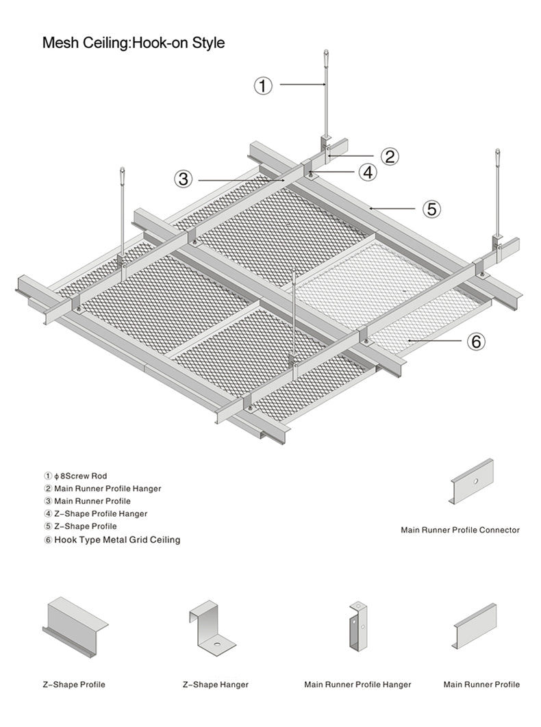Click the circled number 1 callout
click(264, 86)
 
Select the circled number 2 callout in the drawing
click(390, 156)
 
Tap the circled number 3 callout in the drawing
click(183, 179)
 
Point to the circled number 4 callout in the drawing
click(368, 173)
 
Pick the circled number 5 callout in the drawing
click(431, 209)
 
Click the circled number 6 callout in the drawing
click(477, 341)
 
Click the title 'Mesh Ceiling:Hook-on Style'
click(133, 42)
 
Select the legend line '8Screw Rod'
click(76, 476)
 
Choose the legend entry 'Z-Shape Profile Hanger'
click(96, 513)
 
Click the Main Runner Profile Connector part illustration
click(471, 481)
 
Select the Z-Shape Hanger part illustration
click(212, 628)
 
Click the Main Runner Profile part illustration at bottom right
click(475, 625)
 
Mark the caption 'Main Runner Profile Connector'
click(460, 530)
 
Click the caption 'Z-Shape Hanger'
click(216, 685)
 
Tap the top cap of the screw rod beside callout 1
click(325, 54)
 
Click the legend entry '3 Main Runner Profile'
click(88, 501)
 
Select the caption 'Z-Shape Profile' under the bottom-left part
click(74, 685)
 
